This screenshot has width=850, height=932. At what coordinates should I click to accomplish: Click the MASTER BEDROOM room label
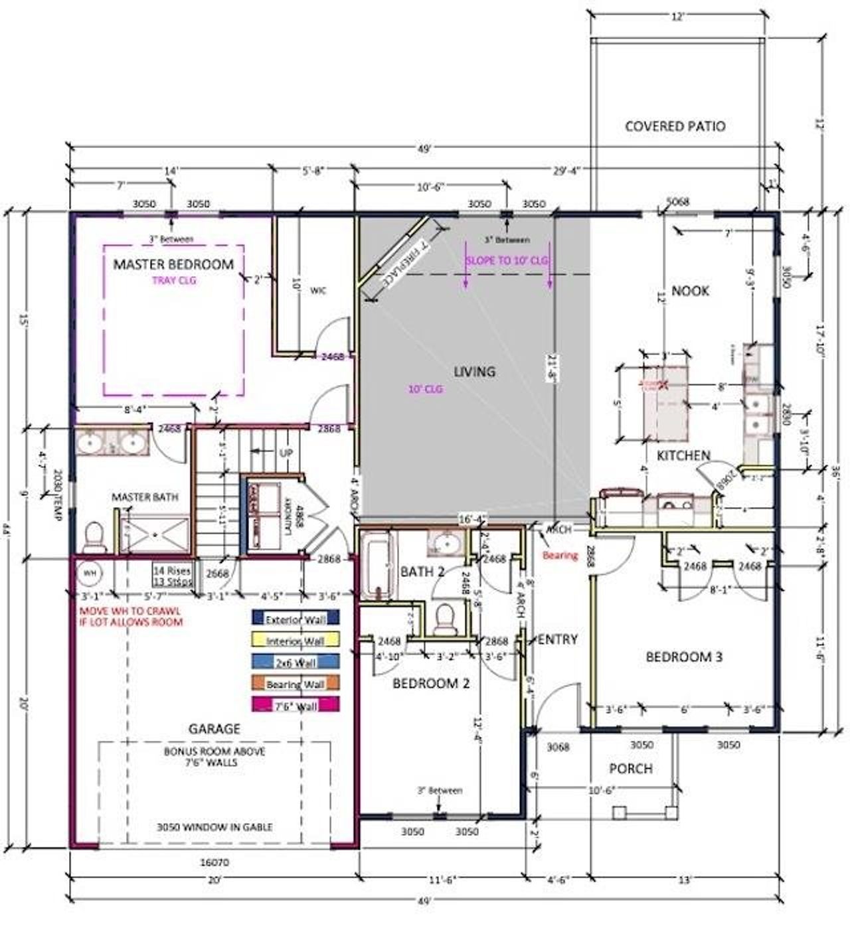[173, 264]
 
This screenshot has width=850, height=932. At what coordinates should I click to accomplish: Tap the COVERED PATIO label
[675, 126]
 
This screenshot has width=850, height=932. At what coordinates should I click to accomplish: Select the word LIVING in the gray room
[474, 372]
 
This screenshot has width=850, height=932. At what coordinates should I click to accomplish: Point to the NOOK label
[690, 291]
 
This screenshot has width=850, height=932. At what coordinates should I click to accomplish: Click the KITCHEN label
[683, 455]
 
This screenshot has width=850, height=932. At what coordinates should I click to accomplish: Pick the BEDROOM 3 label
[684, 657]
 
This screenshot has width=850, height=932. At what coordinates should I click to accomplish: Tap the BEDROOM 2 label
[431, 683]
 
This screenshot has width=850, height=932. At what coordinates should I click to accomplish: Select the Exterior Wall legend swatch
[296, 618]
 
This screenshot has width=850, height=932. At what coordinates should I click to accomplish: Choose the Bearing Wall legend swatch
[296, 683]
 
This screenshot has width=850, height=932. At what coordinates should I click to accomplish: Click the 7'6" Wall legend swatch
[296, 705]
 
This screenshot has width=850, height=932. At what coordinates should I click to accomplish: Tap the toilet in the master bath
[96, 536]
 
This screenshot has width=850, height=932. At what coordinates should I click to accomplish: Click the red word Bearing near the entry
[560, 555]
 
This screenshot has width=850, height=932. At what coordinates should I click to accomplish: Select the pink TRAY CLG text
[174, 280]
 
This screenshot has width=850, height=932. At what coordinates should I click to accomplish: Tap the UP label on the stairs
[287, 452]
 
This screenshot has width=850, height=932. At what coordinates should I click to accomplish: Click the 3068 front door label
[557, 747]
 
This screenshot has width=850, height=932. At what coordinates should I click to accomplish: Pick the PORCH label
[630, 769]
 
